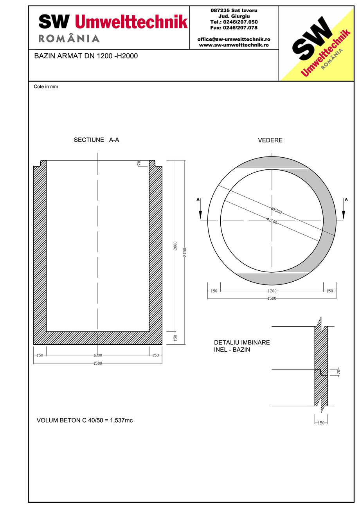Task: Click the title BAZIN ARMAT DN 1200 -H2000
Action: tap(86, 56)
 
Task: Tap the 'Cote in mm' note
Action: tap(46, 86)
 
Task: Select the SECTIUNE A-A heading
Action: tap(96, 140)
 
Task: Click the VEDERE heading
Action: tap(270, 140)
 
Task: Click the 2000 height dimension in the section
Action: tap(175, 246)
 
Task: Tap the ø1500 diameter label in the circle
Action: tap(276, 211)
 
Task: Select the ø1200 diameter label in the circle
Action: tap(272, 221)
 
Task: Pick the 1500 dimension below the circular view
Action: tap(272, 299)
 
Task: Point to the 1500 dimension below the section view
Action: tap(97, 363)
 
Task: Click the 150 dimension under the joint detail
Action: tap(321, 423)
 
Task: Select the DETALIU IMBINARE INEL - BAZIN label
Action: tap(242, 346)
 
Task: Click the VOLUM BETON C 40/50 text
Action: tap(85, 421)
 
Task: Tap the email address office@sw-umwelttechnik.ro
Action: tap(234, 40)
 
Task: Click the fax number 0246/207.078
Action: tap(234, 28)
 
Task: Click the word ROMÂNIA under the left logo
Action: tap(69, 38)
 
